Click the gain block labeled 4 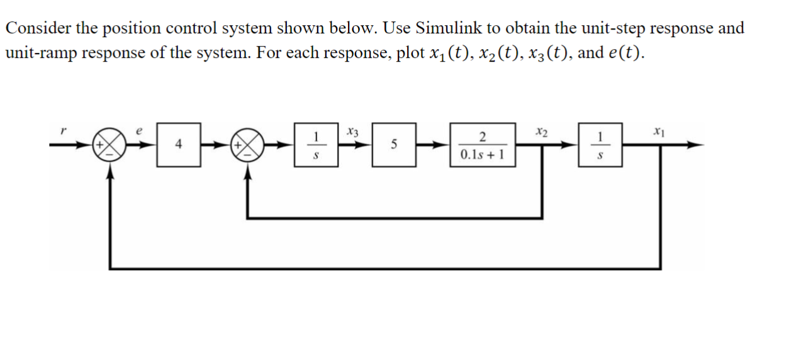179,145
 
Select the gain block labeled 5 393,145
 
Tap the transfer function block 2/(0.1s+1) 482,145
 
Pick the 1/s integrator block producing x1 601,145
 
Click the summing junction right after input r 111,145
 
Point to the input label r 62,132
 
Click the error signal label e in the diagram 140,130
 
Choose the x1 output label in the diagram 658,132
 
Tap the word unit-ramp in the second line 40,53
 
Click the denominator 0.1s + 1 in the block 482,154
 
